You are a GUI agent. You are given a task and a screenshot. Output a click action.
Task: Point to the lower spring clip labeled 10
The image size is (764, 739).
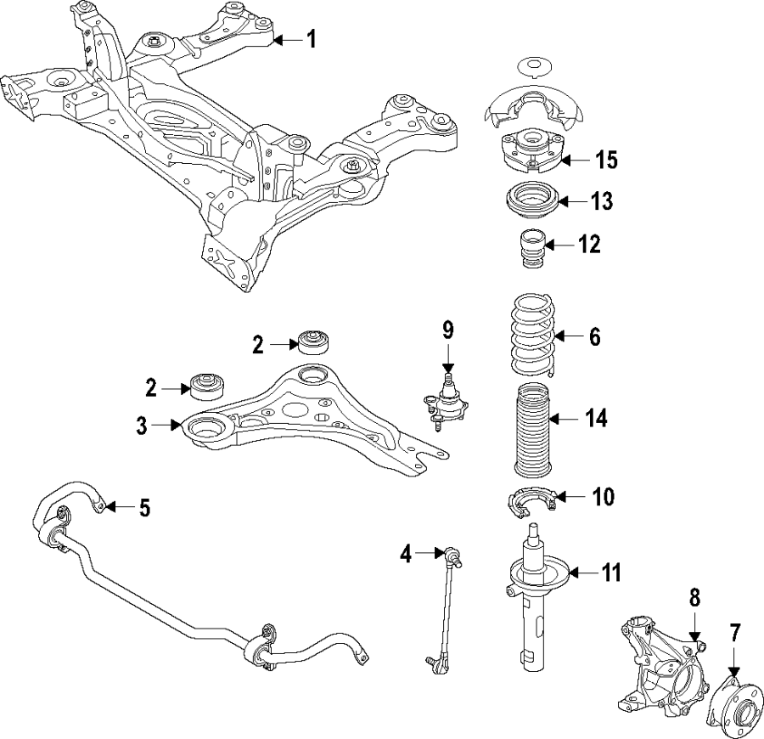530,503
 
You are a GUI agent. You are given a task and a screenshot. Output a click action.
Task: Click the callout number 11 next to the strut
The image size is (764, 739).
610,573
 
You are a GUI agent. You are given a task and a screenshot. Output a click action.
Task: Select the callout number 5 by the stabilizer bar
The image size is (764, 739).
143,509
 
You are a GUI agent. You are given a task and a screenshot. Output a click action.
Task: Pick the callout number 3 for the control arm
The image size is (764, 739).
143,424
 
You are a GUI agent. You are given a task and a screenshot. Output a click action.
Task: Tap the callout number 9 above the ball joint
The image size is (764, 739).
448,329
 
